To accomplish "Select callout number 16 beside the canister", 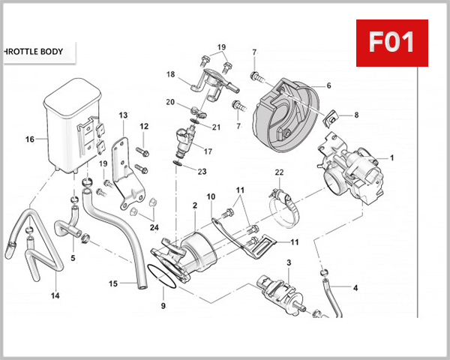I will [x=30, y=139].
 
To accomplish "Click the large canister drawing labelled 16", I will [x=72, y=127].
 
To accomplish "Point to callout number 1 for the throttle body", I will [x=390, y=158].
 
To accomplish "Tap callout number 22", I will [x=279, y=173].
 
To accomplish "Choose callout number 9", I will [x=163, y=306].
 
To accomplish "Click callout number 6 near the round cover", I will [x=328, y=85].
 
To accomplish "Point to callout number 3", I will [x=288, y=262].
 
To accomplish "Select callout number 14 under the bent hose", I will [x=55, y=295].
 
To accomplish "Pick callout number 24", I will [x=154, y=227].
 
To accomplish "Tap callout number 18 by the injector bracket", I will [x=170, y=74].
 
